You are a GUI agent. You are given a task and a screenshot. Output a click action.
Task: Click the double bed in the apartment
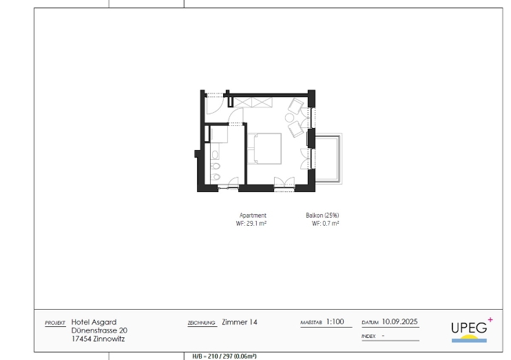coord(264,149)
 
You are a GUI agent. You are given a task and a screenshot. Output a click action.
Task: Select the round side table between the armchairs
coord(290,118)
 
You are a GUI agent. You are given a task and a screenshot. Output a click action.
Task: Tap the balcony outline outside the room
coord(328,158)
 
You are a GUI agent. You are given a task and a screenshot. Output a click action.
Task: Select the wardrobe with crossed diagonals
coord(253,103)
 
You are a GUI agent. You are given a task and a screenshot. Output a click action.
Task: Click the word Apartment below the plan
coord(253,215)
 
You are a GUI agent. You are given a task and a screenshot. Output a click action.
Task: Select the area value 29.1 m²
coord(256,224)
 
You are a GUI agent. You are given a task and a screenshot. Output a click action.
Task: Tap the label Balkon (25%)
coord(322,215)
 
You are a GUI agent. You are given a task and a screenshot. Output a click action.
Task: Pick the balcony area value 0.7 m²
coord(331,224)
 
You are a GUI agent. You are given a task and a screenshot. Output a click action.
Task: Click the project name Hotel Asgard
coord(94,322)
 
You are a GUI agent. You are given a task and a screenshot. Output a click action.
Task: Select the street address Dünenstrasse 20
coord(99,330)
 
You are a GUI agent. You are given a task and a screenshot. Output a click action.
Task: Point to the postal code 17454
coord(81,339)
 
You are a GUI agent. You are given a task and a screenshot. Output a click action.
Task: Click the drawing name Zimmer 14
coord(240,322)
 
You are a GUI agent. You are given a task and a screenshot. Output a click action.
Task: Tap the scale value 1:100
coord(335,322)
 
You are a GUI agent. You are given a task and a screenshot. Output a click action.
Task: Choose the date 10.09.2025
coord(400,322)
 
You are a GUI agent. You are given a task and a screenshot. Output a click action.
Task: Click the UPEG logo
coord(471,330)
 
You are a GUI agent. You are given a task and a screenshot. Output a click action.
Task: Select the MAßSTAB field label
coord(311,323)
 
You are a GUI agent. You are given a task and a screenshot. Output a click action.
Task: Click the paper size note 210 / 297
coord(220,357)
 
